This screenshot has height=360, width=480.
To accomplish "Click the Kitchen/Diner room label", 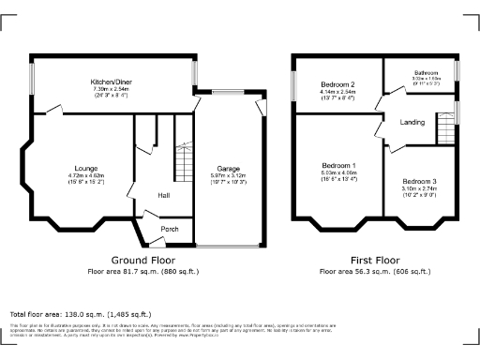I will (111, 82).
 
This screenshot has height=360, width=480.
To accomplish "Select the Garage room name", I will (229, 169).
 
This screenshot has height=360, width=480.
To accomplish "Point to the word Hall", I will (163, 195).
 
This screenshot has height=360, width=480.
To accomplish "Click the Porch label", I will (170, 229).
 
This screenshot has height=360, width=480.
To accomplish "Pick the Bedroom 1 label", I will (338, 165).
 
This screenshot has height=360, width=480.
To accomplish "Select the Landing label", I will (412, 122).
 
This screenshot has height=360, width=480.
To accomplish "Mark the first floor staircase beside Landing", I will (444, 127).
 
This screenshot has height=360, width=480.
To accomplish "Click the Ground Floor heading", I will (139, 260).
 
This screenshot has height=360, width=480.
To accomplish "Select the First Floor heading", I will (374, 260).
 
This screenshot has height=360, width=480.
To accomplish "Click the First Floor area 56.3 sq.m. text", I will (374, 271).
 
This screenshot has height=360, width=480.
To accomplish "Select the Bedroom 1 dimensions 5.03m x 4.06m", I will (338, 172).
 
